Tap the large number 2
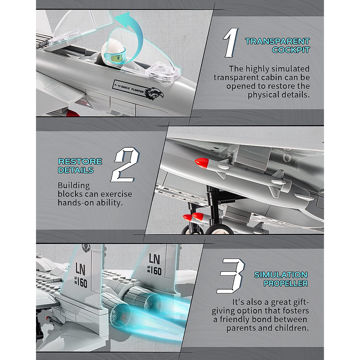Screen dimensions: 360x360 tap(125, 165)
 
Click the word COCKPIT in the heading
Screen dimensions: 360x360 tap(291, 50)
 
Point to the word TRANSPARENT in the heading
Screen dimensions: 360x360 tap(277, 41)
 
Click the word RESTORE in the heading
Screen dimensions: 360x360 tap(80, 162)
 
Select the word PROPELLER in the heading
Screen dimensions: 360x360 tap(286, 283)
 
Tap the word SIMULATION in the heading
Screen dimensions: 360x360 tap(281, 275)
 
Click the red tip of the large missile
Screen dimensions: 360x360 tap(202, 163)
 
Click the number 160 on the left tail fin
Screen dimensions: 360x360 tap(82, 283)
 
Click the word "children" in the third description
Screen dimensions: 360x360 tap(292, 328)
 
